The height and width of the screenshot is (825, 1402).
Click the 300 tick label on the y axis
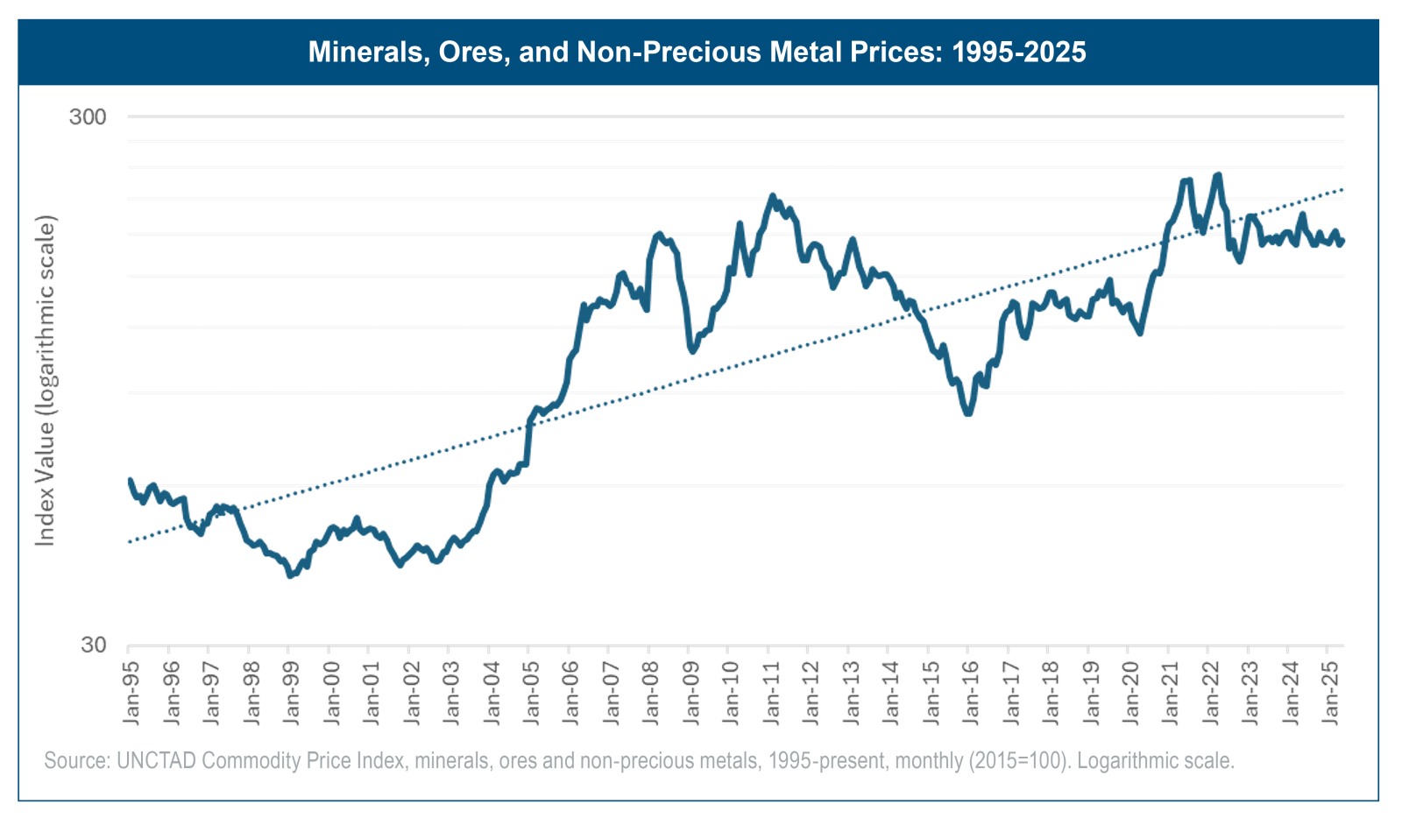coord(88,116)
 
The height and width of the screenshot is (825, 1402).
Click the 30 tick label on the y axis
coord(93,645)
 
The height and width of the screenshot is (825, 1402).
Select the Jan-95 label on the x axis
coord(131,692)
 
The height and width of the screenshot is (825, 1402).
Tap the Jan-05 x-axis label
coord(531,692)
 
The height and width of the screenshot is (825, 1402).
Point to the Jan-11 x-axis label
coord(771,692)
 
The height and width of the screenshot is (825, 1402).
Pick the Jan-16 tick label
coord(971,692)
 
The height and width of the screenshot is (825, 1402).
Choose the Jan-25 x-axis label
coord(1330,692)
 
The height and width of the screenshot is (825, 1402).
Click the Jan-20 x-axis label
coord(1130,692)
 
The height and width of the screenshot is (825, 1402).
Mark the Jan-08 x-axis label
coord(651,692)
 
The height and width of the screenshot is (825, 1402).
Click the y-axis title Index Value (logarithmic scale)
coord(45,380)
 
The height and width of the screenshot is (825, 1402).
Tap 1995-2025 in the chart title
coord(1018,53)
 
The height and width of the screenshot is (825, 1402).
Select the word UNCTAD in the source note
coord(156,760)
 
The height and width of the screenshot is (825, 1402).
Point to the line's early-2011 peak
coord(772,196)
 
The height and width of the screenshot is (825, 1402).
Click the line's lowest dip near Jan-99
coord(290,575)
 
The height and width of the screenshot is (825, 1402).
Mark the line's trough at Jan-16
coord(968,412)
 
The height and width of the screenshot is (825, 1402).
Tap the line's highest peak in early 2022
coord(1218,175)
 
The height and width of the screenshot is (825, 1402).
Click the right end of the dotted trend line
coord(1342,189)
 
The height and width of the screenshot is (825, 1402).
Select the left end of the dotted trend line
coord(130,541)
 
